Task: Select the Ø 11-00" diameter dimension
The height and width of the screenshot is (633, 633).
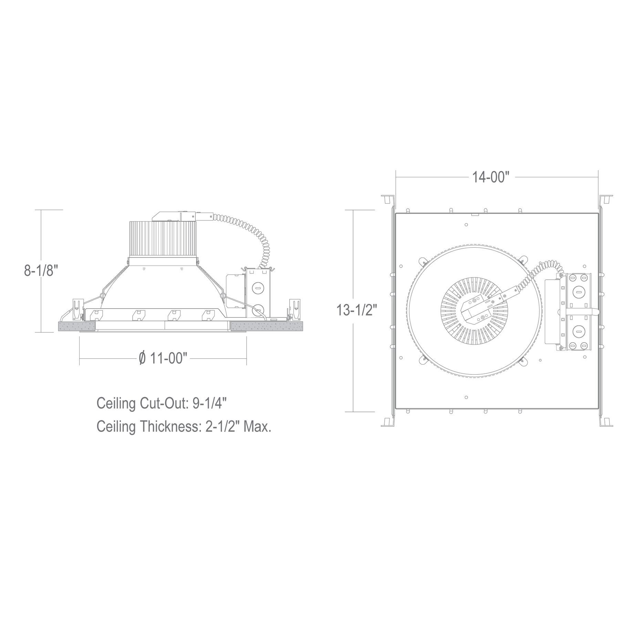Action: tap(163, 358)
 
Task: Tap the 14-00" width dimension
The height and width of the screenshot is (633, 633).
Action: tap(490, 177)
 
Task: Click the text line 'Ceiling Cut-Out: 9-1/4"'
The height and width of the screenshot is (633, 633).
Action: tap(162, 403)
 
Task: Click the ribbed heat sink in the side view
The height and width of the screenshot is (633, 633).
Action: tap(163, 238)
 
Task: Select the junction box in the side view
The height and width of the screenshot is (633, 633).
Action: tap(257, 293)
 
